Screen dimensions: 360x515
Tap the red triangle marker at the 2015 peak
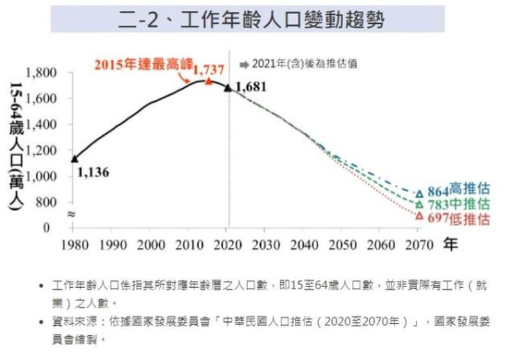[x=208, y=81]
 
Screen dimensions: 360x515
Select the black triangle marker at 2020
[x=227, y=87]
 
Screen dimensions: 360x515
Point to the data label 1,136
[x=93, y=172]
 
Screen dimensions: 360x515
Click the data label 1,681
[x=250, y=86]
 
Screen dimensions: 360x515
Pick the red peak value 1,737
[x=207, y=68]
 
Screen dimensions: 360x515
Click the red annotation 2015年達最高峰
[x=142, y=64]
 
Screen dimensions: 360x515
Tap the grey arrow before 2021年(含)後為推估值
[x=244, y=64]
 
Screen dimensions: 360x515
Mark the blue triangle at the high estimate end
[x=420, y=193]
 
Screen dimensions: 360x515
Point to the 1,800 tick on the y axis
[x=45, y=72]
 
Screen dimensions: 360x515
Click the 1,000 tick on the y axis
[x=45, y=176]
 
